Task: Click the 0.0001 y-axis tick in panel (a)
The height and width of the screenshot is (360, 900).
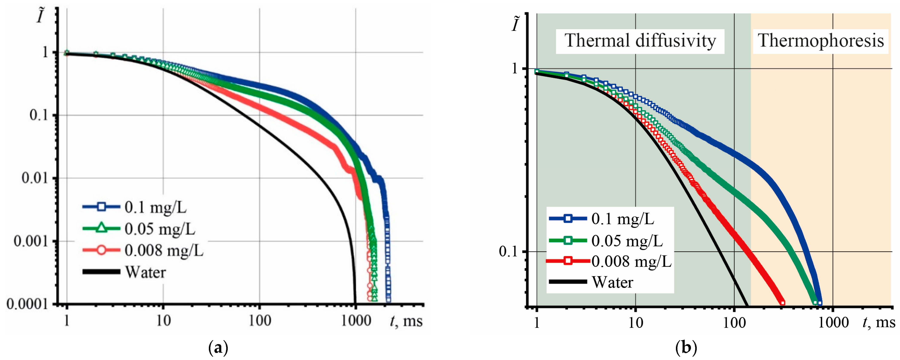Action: click(27, 304)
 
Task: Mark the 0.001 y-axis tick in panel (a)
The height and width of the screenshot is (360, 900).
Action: click(31, 241)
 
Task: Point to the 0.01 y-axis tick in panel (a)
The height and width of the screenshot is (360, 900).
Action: click(35, 178)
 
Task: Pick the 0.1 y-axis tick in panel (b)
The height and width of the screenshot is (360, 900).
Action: click(508, 252)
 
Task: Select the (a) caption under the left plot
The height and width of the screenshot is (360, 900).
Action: click(218, 348)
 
